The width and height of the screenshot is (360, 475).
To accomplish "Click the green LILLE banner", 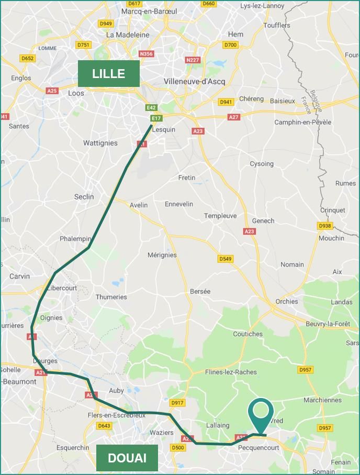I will coord(108,73).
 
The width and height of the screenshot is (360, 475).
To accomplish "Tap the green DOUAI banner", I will coord(127,458).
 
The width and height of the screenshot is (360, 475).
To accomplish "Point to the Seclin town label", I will coord(84,196).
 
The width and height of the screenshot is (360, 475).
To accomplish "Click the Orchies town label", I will coord(286,301).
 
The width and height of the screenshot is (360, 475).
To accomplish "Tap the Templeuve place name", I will coord(220,216).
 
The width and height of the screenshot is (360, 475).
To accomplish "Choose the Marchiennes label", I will coord(322,400).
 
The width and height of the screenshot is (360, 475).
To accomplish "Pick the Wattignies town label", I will coord(100,143).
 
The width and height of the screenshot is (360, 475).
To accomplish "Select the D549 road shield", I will coord(226,259).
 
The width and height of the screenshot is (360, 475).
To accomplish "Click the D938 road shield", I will coord(325,226).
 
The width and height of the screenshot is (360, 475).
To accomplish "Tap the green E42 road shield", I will coord(151,107).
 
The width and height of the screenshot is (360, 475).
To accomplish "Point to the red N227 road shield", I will coord(193,60).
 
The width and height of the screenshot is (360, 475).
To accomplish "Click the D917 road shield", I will coord(177,403).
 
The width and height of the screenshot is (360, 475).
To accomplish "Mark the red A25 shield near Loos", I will coord(52,91).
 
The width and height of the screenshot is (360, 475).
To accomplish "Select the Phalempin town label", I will coord(75,239).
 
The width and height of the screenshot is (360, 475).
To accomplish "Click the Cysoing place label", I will coord(261,163).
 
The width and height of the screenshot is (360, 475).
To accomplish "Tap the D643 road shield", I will coord(104,426).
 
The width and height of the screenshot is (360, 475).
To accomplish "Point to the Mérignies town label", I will coord(162,255).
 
